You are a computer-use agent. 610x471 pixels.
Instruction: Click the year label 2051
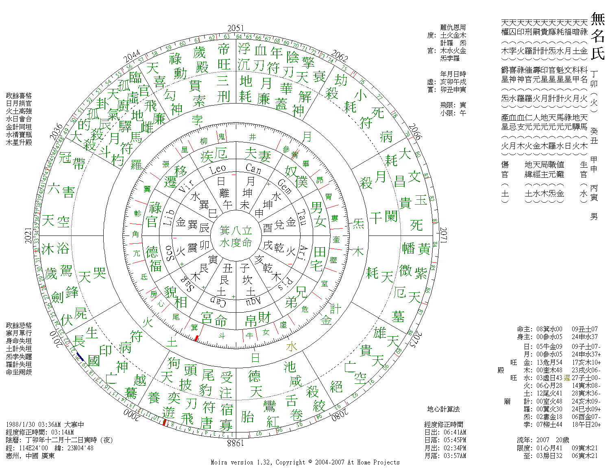pyautogui.click(x=236, y=28)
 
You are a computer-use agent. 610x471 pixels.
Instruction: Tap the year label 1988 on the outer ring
pyautogui.click(x=235, y=443)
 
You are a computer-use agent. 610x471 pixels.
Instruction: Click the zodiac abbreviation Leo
pyautogui.click(x=218, y=169)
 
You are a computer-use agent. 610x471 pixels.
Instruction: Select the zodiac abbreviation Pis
pyautogui.click(x=285, y=284)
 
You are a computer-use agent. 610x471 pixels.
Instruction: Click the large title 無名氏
pyautogui.click(x=597, y=36)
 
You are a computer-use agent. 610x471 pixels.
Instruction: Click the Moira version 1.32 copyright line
pyautogui.click(x=305, y=462)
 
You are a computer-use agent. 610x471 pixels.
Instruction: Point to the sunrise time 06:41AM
pyautogui.click(x=455, y=432)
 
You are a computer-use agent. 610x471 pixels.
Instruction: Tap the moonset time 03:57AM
pyautogui.click(x=455, y=456)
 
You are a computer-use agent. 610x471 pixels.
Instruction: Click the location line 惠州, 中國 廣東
pyautogui.click(x=30, y=456)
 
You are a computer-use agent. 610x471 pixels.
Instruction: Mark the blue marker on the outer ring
pyautogui.click(x=80, y=357)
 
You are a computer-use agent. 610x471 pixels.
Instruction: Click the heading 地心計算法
pyautogui.click(x=443, y=409)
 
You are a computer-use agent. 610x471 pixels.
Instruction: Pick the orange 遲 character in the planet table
pyautogui.click(x=567, y=378)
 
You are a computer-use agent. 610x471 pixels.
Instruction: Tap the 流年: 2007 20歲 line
pyautogui.click(x=543, y=440)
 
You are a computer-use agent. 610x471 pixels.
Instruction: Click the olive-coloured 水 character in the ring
pyautogui.click(x=292, y=346)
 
